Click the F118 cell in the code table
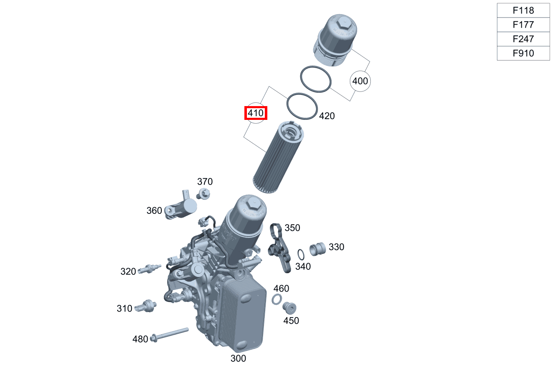523,10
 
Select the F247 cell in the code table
523,39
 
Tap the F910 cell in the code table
523,53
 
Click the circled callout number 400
360,81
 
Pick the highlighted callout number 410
255,113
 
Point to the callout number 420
327,116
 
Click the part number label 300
238,358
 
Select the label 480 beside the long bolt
140,339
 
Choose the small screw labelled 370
204,193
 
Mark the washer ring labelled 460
276,299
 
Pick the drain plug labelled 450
289,308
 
